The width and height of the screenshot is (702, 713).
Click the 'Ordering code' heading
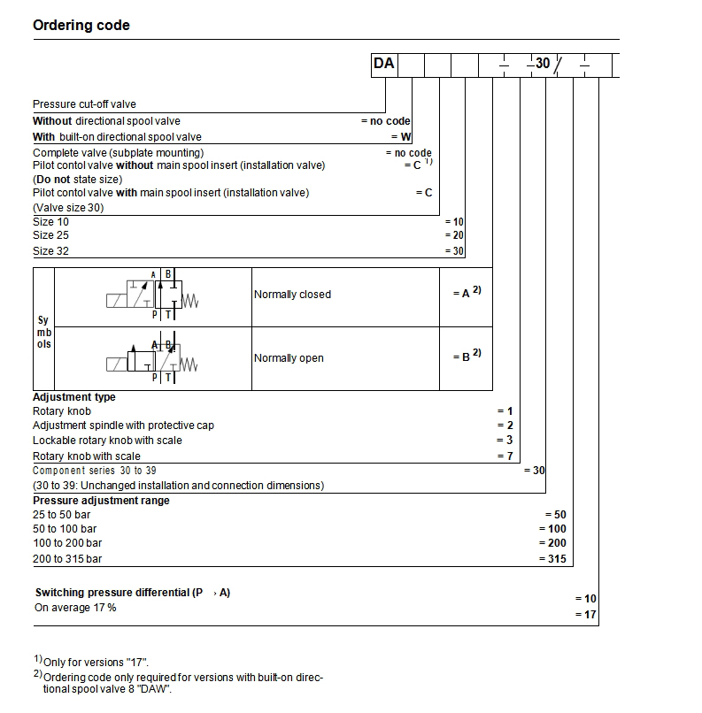(x=81, y=25)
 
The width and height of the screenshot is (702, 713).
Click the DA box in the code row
(x=384, y=65)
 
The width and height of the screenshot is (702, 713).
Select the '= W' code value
(x=401, y=137)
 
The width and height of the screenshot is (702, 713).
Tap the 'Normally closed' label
(x=292, y=295)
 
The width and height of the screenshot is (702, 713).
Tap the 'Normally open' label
(x=289, y=358)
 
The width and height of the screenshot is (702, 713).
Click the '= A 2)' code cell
(x=466, y=294)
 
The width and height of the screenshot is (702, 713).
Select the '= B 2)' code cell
(x=466, y=355)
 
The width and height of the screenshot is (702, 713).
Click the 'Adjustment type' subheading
(x=74, y=397)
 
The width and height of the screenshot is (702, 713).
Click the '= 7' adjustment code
(x=505, y=456)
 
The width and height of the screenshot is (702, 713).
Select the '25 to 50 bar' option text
(x=62, y=514)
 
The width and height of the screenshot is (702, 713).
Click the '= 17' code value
(x=586, y=614)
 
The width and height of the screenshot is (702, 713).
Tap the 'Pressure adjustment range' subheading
(x=101, y=500)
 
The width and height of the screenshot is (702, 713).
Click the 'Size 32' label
(x=50, y=250)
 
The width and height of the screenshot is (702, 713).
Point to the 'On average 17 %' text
(x=75, y=608)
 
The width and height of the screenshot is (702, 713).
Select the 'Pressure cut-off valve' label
(x=84, y=104)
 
